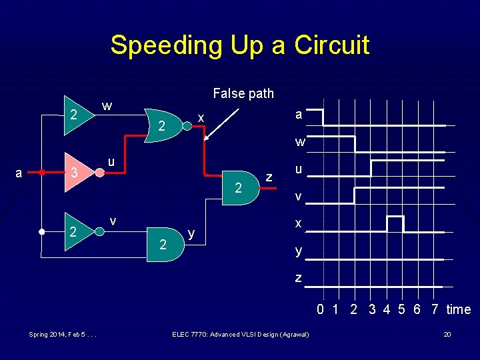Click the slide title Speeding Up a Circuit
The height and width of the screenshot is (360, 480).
239,45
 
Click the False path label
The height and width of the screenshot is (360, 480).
243,93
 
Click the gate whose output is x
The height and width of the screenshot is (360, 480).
165,125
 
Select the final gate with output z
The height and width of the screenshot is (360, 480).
240,189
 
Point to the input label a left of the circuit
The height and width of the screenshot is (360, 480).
19,173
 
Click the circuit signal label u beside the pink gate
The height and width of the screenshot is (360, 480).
112,161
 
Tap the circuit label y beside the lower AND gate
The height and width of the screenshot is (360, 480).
191,233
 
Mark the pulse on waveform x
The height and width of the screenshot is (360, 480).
395,223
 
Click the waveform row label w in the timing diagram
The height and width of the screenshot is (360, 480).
301,142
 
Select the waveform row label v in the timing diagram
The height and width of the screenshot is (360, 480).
299,197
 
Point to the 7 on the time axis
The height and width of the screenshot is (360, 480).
435,309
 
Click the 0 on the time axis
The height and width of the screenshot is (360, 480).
320,309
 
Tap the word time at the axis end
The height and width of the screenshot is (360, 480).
459,309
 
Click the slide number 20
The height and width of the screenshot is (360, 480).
448,334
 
